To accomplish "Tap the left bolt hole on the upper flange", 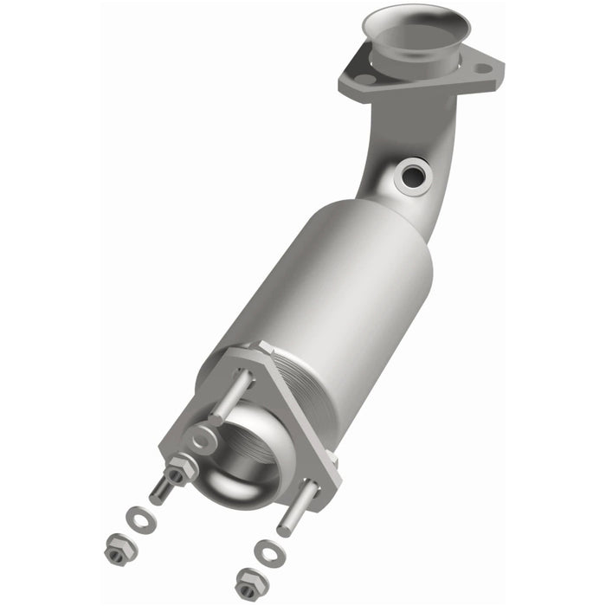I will (x=366, y=79).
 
